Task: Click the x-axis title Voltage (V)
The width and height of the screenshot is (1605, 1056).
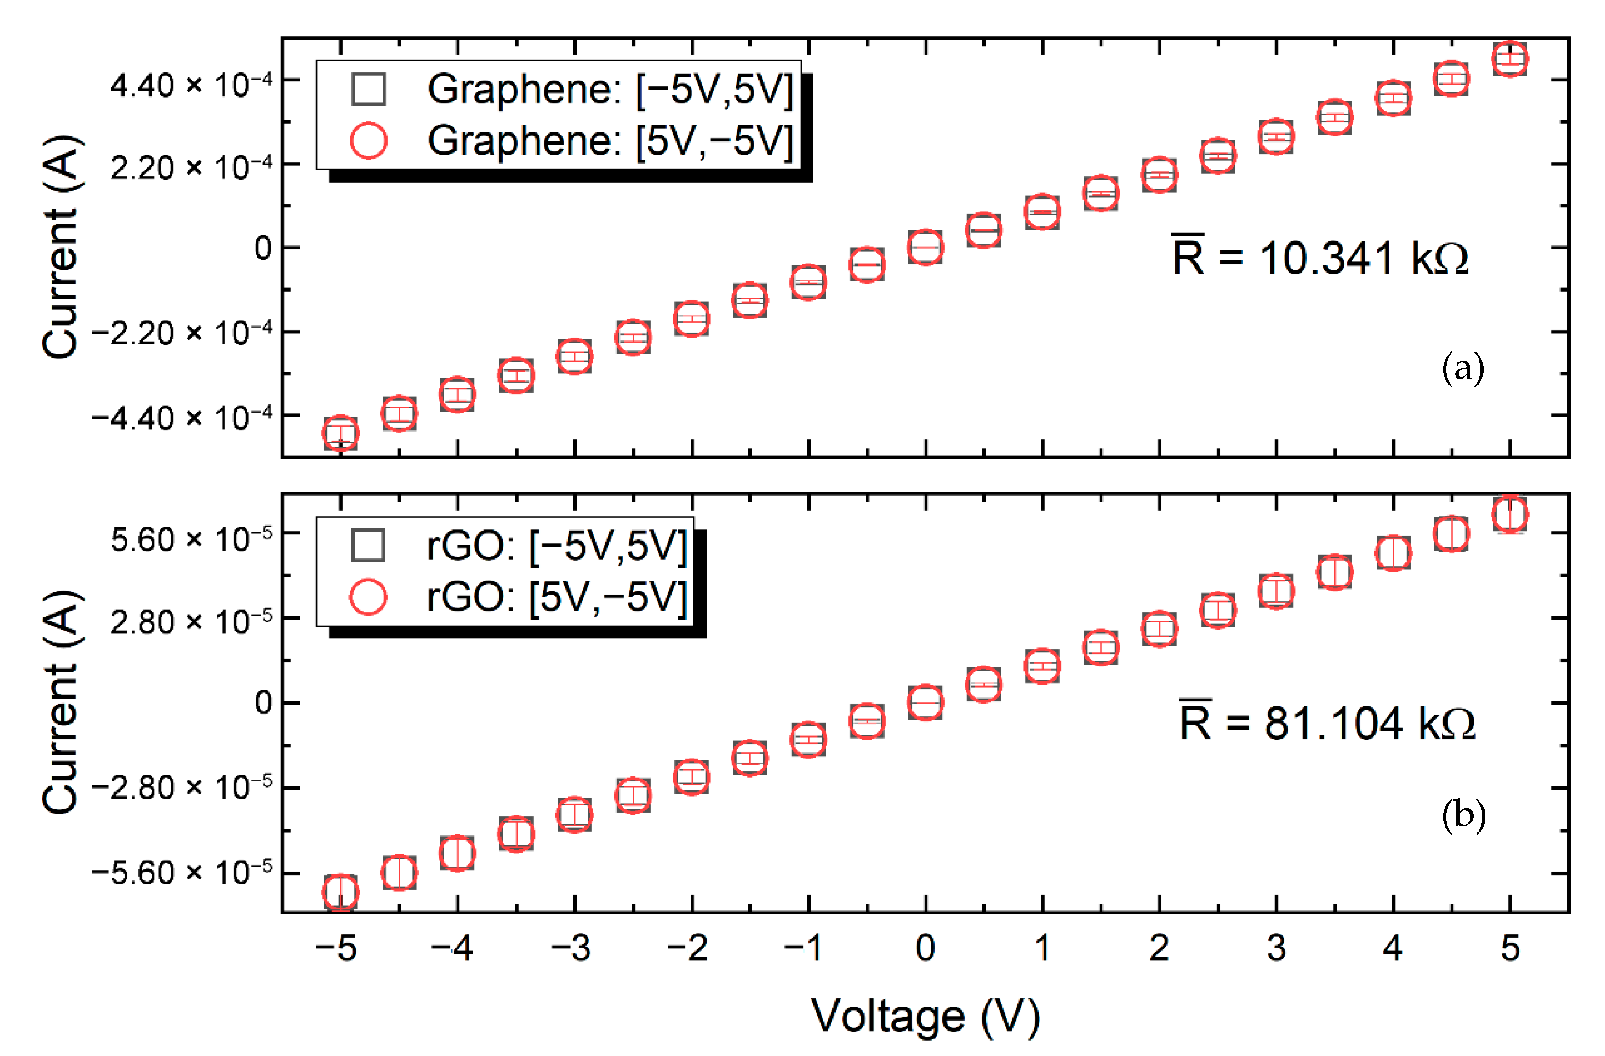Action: [925, 1016]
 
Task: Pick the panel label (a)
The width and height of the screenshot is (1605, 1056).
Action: [1462, 368]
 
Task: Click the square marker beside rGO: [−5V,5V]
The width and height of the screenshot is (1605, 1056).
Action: [368, 545]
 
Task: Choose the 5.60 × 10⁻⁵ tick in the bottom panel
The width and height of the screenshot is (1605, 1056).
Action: [191, 540]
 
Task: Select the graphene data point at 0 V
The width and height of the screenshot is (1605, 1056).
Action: [925, 247]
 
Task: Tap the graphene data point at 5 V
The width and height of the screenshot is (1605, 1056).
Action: [1510, 59]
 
